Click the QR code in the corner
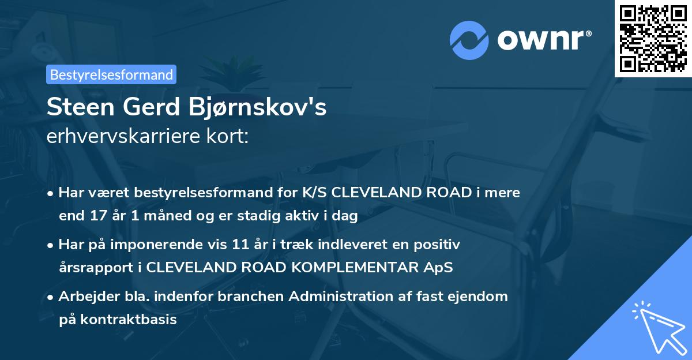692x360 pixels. click(653, 39)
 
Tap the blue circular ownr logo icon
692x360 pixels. click(469, 40)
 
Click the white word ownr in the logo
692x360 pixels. click(540, 40)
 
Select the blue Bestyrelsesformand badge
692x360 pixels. click(111, 74)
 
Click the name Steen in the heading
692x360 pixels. click(81, 107)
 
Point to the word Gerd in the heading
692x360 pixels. click(151, 107)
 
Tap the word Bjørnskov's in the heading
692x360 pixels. click(257, 107)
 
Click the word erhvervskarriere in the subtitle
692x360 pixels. click(123, 136)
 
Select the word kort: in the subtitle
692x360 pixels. click(227, 136)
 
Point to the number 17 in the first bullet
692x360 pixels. click(99, 215)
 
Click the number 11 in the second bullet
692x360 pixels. click(240, 245)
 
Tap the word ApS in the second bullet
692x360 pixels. click(438, 268)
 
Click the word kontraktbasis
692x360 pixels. click(129, 320)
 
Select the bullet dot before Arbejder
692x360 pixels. click(50, 298)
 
